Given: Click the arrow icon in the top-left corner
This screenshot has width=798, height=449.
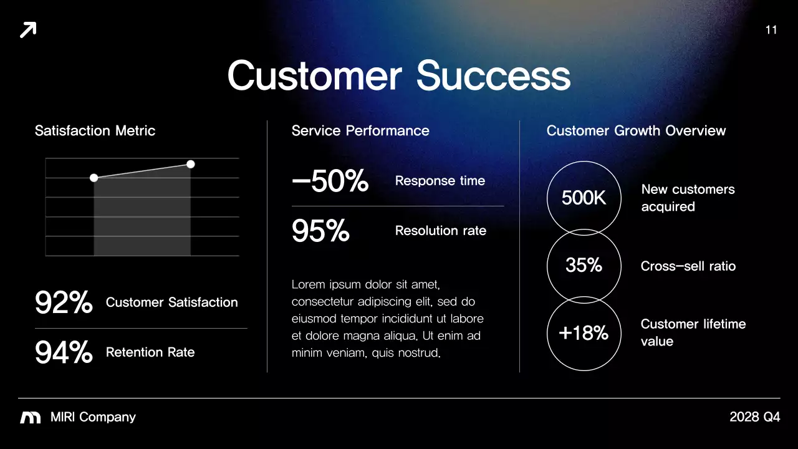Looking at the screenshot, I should (x=28, y=29).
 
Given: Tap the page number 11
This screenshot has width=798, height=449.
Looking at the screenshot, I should (x=771, y=30).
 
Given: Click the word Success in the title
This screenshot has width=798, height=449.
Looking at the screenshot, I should (x=493, y=75).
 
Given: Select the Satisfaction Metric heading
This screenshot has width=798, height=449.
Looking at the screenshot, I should (x=95, y=131).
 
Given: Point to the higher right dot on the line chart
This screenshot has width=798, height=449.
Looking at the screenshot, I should (x=191, y=164).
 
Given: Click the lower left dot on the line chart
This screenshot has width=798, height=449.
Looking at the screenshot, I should (x=94, y=178).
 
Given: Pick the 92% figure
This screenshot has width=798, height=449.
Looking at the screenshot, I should (x=64, y=303).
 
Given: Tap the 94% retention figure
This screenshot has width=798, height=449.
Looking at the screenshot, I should (x=64, y=353).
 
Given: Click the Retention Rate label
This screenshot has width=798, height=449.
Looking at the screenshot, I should (x=150, y=352).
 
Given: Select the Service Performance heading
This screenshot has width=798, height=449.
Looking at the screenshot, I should (x=360, y=131).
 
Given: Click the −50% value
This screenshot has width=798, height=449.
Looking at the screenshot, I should (x=330, y=181).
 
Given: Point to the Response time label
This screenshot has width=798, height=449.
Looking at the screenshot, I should (x=440, y=181).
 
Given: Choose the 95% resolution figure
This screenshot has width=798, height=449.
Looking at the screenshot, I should (x=320, y=231).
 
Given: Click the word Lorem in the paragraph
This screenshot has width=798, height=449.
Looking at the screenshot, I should (x=308, y=285).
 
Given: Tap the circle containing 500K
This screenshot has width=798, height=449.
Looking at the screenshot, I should (x=584, y=198).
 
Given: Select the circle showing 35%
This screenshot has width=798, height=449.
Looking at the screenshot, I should (x=584, y=266).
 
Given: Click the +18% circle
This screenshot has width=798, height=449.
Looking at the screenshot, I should (x=584, y=333).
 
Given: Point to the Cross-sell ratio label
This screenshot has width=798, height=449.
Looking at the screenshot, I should (x=688, y=266).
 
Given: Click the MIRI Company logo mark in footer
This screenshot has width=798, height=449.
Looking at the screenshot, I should (x=31, y=418).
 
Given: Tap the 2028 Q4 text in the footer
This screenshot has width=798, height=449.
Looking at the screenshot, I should (x=754, y=417).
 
